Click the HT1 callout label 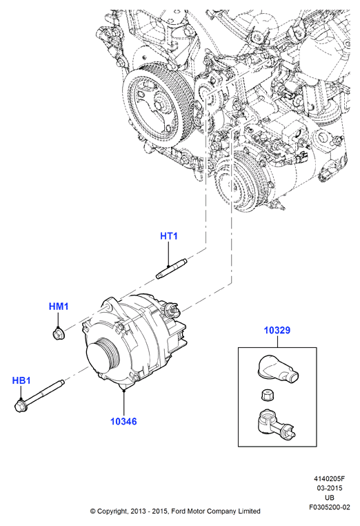[x=169, y=236]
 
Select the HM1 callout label [x=59, y=306]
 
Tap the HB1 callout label [x=21, y=380]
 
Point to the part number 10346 [x=123, y=421]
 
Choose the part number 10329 [x=277, y=330]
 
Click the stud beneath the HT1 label [x=172, y=269]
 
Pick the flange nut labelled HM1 [x=59, y=333]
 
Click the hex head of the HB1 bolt [x=20, y=406]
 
